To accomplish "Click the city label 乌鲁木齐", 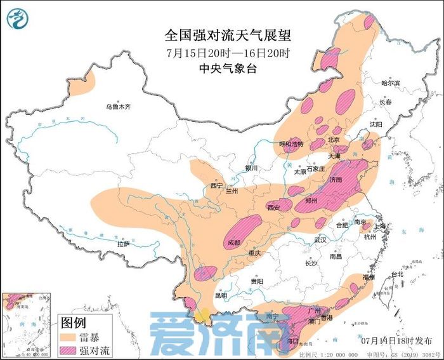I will [117, 107].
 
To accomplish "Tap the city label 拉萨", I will [123, 243].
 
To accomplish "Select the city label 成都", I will [234, 243].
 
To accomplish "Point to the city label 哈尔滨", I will [390, 83].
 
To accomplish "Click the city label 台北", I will [396, 274].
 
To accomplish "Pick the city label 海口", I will [292, 341].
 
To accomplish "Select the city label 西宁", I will [217, 186].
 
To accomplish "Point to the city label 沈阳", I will [376, 125].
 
